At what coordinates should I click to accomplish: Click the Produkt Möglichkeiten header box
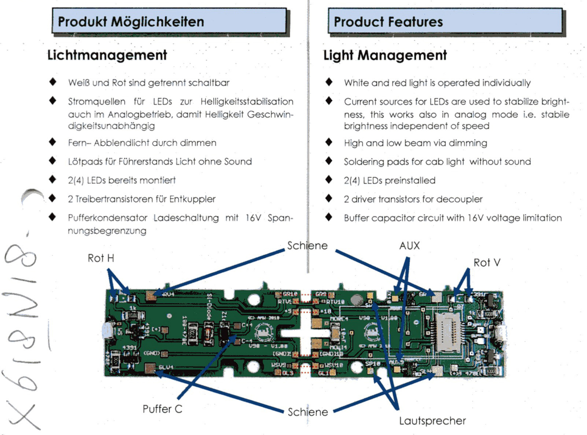[x=169, y=21]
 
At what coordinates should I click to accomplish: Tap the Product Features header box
[x=445, y=21]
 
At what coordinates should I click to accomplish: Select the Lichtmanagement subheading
[x=107, y=55]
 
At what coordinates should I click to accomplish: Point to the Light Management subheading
[x=385, y=55]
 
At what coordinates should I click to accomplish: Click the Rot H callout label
[x=101, y=258]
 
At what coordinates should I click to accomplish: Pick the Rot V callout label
[x=487, y=262]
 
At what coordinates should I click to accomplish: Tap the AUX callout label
[x=410, y=246]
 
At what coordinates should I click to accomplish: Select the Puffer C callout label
[x=162, y=409]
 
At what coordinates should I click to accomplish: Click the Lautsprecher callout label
[x=432, y=421]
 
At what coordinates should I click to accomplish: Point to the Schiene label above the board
[x=307, y=246]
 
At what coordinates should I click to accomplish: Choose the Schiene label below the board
[x=308, y=412]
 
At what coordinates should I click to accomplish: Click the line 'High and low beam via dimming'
[x=415, y=143]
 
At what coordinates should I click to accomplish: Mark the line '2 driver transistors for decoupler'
[x=413, y=199]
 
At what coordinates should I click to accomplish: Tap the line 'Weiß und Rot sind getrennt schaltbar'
[x=149, y=82]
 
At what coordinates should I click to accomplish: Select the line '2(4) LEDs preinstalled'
[x=390, y=180]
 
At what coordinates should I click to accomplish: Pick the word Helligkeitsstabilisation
[x=247, y=101]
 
